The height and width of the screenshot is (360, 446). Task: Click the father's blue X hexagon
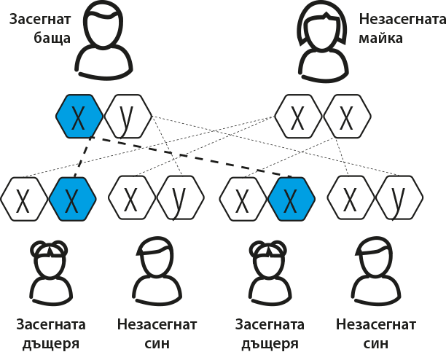point(79,117)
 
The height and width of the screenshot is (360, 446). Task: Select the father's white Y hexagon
point(128,117)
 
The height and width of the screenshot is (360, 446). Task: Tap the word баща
point(52,39)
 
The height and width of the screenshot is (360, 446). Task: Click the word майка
point(380,39)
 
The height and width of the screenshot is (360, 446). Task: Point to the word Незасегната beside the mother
point(402,20)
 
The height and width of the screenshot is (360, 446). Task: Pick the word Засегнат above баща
point(40,20)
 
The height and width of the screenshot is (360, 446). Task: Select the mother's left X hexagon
point(298,117)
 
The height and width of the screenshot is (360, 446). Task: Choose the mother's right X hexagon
point(347,117)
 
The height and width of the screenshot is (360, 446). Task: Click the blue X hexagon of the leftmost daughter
point(73,199)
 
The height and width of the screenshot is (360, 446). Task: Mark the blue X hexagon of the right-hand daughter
point(292,199)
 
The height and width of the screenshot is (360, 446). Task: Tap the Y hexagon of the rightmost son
point(399,198)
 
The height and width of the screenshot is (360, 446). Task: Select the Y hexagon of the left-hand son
point(180,198)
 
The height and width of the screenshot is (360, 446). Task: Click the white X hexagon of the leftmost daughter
point(24,199)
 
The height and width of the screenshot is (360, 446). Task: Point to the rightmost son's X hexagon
point(351,198)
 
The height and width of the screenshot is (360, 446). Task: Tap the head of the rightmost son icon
point(375,255)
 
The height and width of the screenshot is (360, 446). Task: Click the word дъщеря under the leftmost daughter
point(51,343)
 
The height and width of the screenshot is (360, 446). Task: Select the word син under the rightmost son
point(376,343)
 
